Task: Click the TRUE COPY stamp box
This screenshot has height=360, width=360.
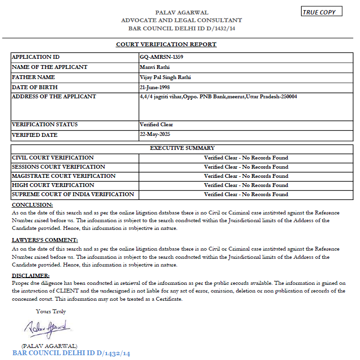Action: pyautogui.click(x=321, y=12)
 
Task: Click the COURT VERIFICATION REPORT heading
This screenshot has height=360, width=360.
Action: pyautogui.click(x=166, y=44)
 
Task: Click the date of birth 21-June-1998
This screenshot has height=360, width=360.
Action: pyautogui.click(x=156, y=87)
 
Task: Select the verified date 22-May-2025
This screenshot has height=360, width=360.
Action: pyautogui.click(x=155, y=134)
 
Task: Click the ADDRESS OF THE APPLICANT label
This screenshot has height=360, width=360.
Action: pyautogui.click(x=54, y=96)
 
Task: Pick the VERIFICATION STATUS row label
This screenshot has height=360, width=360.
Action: pyautogui.click(x=45, y=124)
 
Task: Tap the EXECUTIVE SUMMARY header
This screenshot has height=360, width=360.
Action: pyautogui.click(x=182, y=148)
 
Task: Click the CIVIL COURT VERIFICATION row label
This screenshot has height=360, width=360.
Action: pyautogui.click(x=53, y=158)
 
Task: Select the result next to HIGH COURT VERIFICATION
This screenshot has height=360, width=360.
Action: pyautogui.click(x=246, y=185)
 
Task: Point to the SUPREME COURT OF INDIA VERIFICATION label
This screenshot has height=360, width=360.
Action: pyautogui.click(x=73, y=194)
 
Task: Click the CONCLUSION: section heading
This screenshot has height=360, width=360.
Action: pyautogui.click(x=32, y=205)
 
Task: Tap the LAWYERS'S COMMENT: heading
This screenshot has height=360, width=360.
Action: pyautogui.click(x=45, y=240)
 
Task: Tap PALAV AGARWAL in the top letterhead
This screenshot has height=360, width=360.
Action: pyautogui.click(x=182, y=12)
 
